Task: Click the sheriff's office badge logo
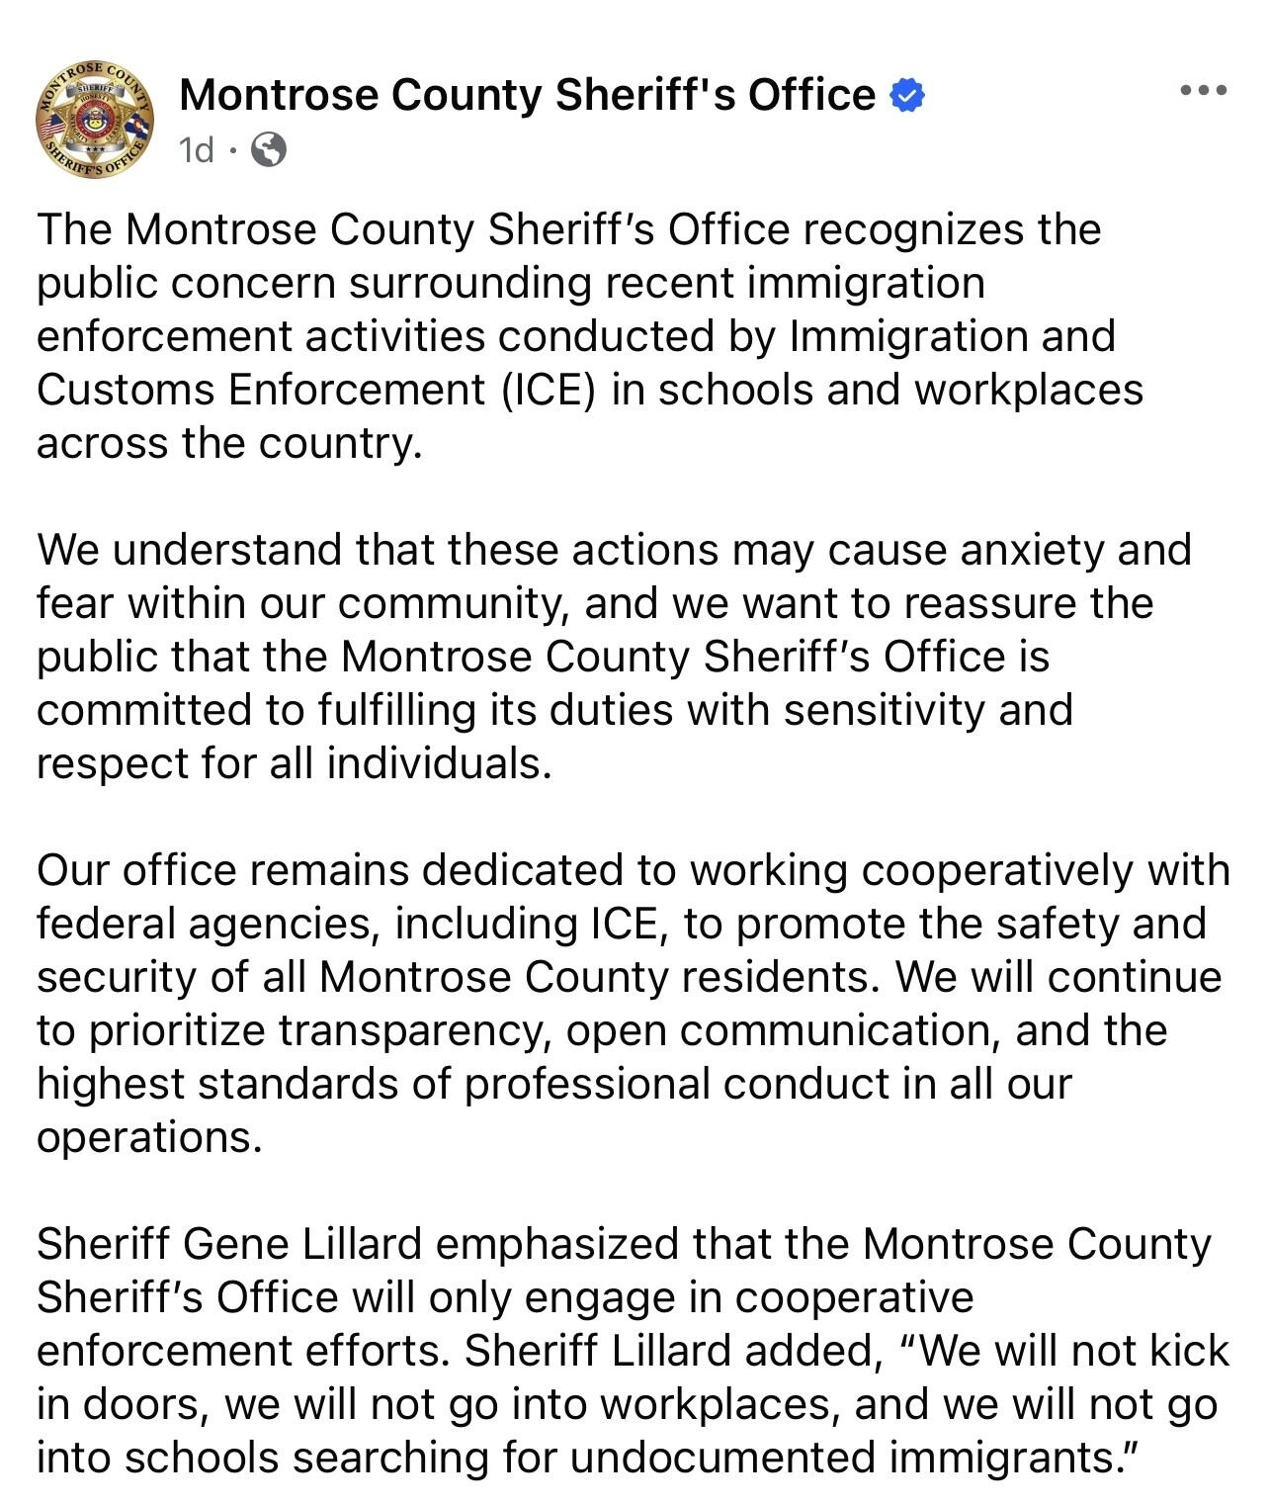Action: pos(95,121)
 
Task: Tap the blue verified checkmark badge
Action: pos(907,96)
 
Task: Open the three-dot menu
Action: pos(1204,91)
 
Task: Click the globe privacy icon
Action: pos(269,150)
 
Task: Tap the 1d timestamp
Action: pos(196,150)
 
